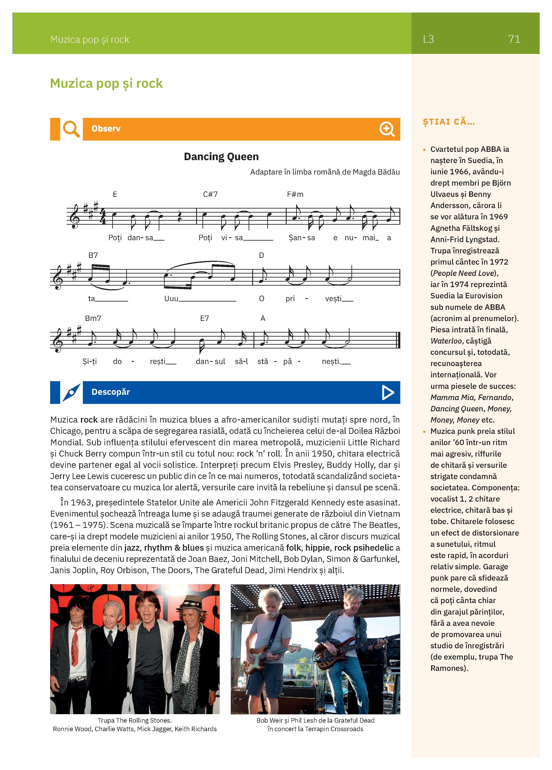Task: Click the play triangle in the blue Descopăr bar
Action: pos(388,392)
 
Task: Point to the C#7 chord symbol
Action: pos(210,194)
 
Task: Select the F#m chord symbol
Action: pos(295,194)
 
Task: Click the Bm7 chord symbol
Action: pos(93,318)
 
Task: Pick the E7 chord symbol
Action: pos(204,318)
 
